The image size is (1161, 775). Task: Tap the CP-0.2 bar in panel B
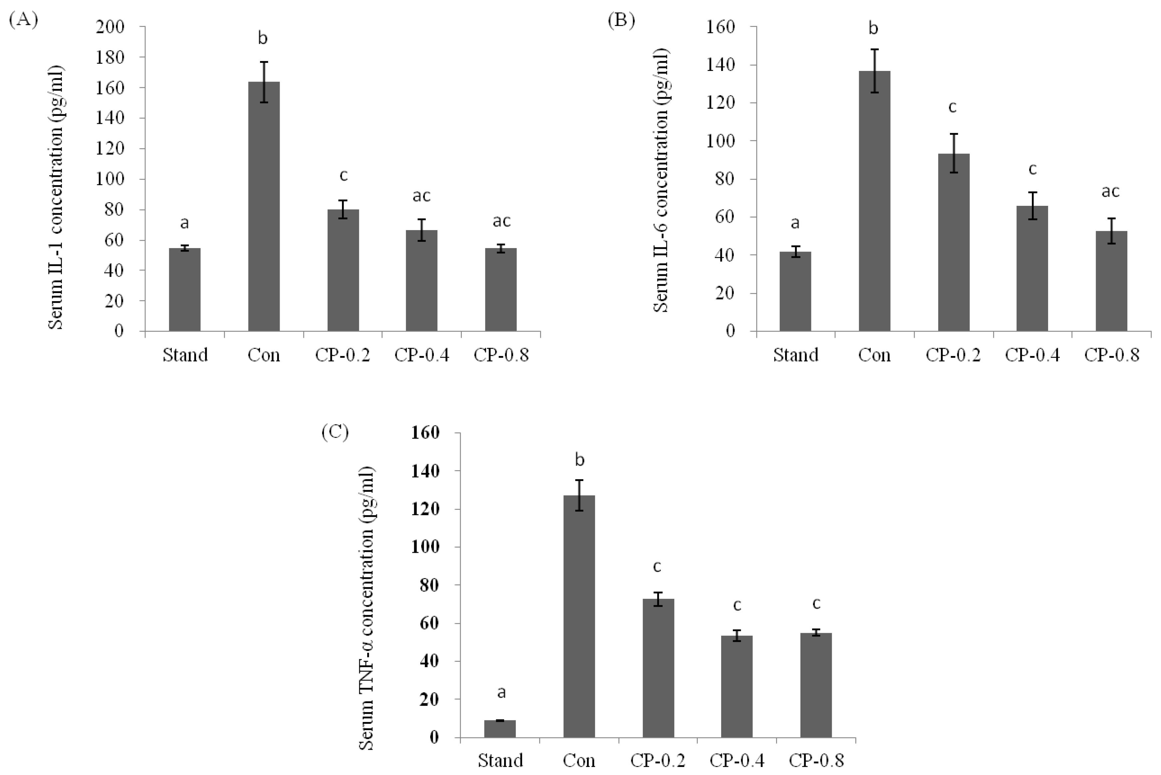click(x=954, y=242)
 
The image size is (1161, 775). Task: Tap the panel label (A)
click(x=23, y=20)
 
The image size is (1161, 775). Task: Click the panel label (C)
click(x=335, y=432)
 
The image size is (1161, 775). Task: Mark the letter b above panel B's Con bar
click(x=873, y=28)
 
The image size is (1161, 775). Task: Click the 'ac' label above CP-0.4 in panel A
click(x=422, y=196)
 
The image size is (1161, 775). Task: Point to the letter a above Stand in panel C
click(x=501, y=692)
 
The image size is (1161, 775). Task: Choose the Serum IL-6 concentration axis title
click(x=662, y=181)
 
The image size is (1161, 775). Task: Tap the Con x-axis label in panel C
click(x=579, y=760)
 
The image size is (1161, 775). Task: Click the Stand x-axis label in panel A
click(x=185, y=355)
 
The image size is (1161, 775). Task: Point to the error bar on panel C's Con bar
click(x=579, y=495)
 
